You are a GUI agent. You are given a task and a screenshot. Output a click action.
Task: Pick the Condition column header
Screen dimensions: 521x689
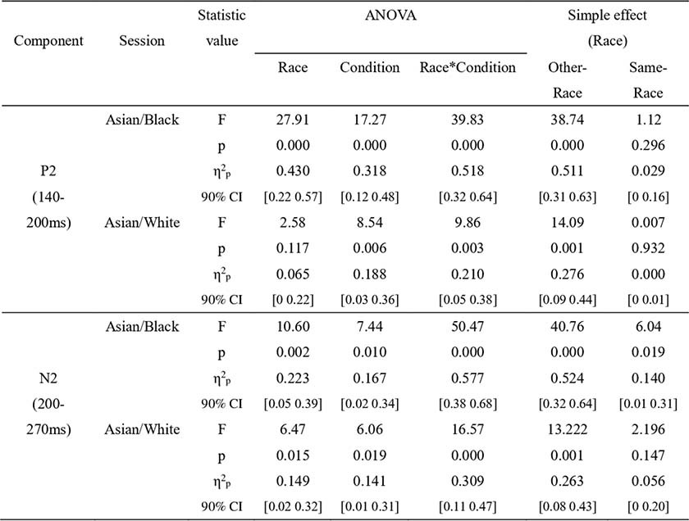pyautogui.click(x=370, y=68)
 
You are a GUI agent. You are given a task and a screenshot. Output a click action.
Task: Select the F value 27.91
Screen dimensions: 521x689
pyautogui.click(x=293, y=120)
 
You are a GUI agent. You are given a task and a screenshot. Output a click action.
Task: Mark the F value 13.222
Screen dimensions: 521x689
pyautogui.click(x=568, y=429)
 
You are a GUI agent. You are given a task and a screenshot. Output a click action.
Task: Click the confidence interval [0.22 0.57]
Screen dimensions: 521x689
pyautogui.click(x=293, y=197)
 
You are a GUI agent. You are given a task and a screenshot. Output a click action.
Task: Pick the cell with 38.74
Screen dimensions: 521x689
pyautogui.click(x=568, y=120)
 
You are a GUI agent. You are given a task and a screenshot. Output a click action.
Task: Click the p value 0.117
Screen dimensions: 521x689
pyautogui.click(x=293, y=248)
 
